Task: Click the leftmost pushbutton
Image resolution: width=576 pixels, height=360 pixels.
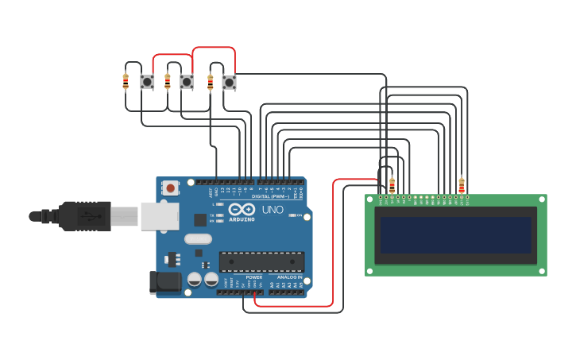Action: coord(147,81)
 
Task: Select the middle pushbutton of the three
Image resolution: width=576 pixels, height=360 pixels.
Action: coord(187,81)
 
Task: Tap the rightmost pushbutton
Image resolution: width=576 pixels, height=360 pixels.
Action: coord(229,81)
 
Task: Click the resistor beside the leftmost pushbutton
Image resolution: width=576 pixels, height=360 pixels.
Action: coord(126,80)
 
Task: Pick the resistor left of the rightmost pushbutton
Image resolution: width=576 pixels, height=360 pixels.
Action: coord(210,81)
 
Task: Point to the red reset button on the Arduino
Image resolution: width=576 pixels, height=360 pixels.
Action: coord(170,188)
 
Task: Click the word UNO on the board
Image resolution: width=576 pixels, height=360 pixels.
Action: coord(273,210)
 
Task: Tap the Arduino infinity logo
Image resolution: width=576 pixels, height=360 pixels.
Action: coord(242,210)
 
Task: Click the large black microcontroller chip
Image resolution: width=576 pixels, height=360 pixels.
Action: coord(261,261)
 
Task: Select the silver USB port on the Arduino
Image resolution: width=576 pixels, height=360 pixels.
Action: coord(160,216)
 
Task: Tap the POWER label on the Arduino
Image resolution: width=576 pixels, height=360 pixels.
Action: coord(253,277)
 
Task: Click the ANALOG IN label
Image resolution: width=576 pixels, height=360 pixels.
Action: coord(289,277)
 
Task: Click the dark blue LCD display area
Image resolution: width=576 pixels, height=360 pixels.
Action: coord(455,235)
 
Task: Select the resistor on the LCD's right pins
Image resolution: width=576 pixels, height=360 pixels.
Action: coord(462,185)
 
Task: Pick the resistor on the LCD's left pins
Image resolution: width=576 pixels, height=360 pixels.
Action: coord(392,184)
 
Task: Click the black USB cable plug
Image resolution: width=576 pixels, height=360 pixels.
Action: coord(79,215)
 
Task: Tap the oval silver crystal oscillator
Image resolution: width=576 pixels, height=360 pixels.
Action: coord(198,238)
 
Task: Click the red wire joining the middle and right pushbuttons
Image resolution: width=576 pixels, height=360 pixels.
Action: coord(214,48)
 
